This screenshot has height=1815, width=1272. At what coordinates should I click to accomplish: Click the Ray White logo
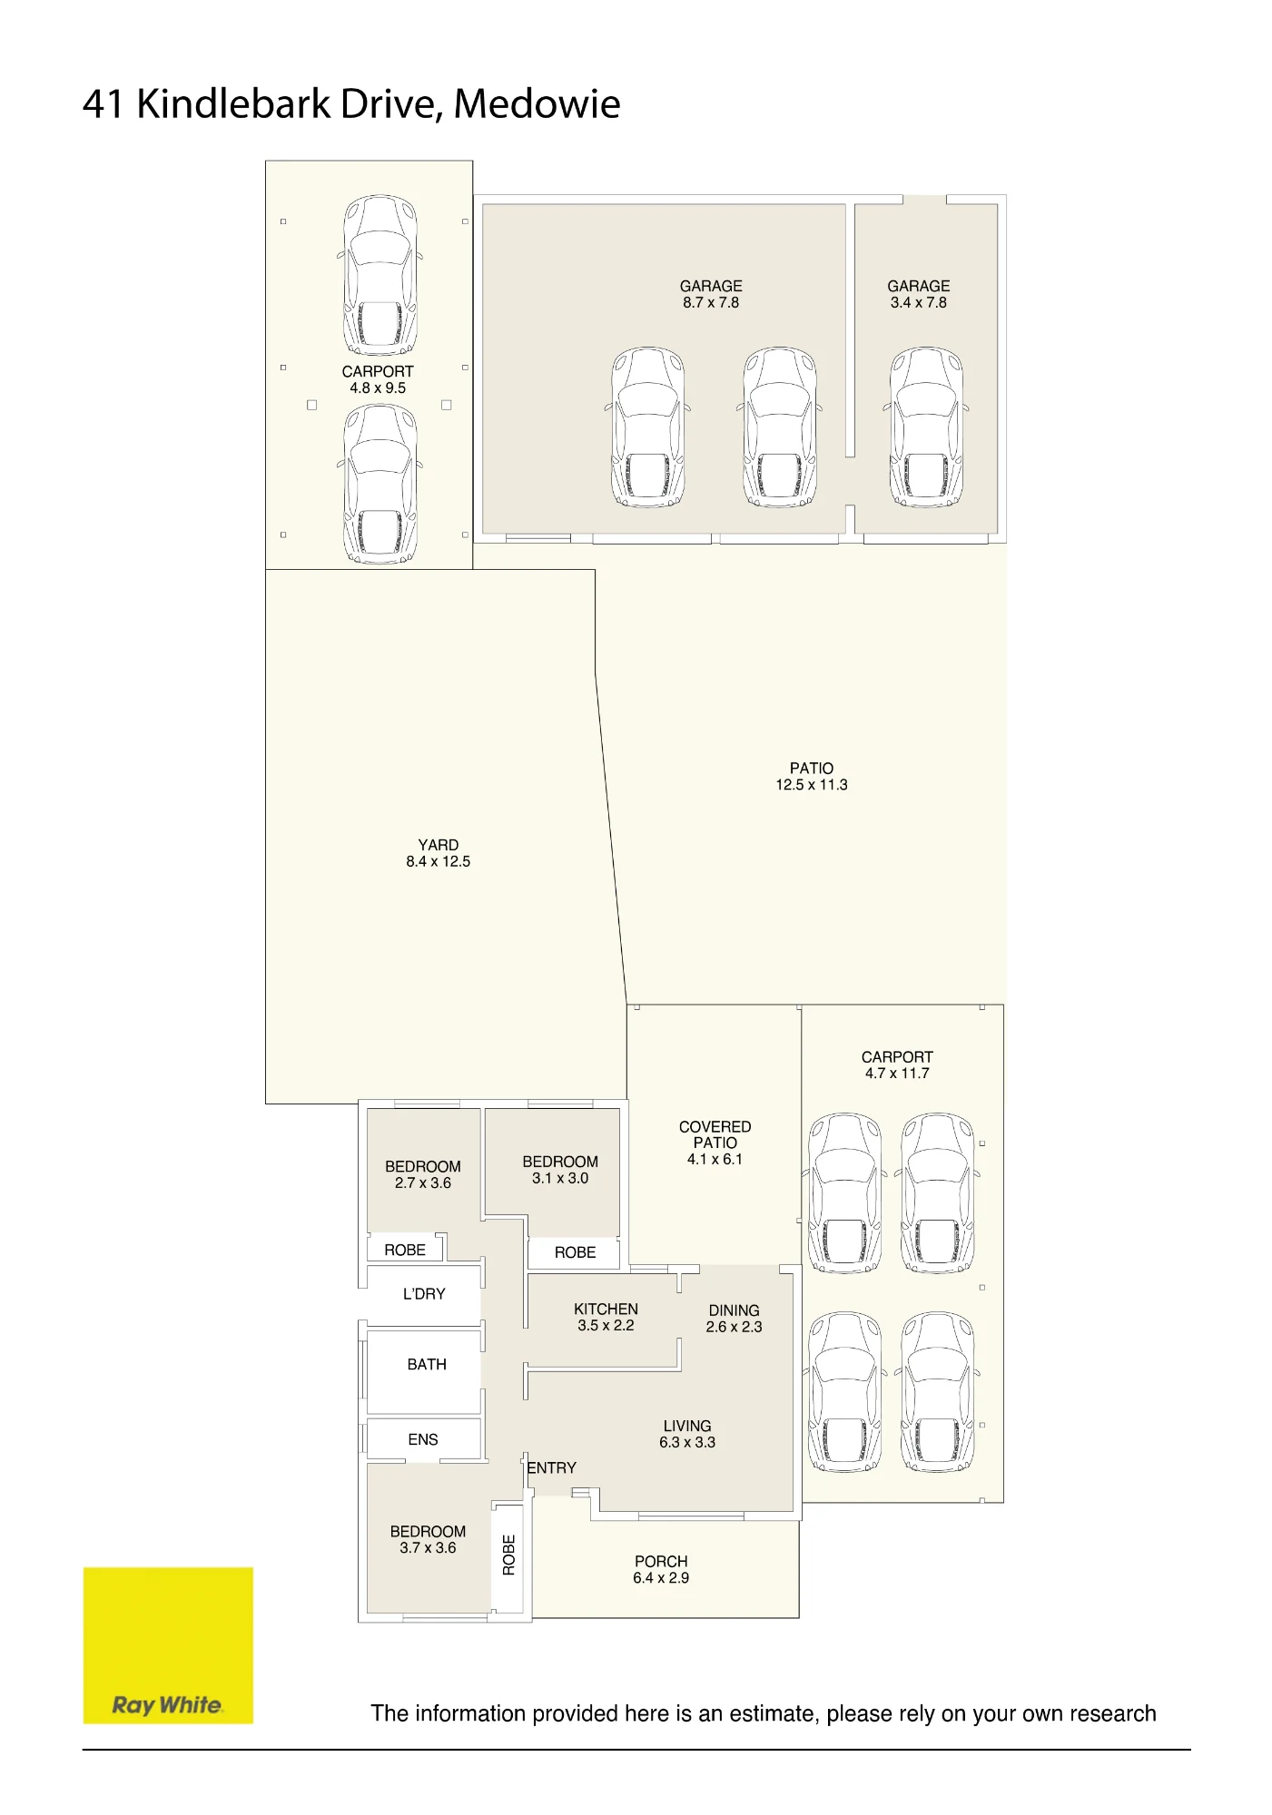pos(168,1644)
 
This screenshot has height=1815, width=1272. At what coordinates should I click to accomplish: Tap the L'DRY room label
pos(424,1293)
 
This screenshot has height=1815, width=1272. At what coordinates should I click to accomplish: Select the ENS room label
pos(423,1439)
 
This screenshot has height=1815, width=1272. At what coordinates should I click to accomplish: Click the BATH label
pos(427,1364)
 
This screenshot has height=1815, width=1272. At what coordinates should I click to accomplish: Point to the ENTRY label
pos(552,1467)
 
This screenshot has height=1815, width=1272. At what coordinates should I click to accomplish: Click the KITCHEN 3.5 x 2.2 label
pos(606,1317)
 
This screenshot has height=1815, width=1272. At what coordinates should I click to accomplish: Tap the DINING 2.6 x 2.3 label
pos(734,1319)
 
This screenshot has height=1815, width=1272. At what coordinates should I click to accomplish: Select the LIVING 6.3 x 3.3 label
pos(687,1434)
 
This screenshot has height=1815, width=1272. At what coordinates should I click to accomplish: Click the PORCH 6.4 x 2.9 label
pos(661,1570)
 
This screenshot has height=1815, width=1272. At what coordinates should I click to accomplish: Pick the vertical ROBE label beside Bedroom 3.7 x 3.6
pos(508,1555)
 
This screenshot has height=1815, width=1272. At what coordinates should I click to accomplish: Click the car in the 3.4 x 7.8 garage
pos(926,427)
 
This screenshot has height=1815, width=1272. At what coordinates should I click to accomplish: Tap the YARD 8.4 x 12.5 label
pos(439,853)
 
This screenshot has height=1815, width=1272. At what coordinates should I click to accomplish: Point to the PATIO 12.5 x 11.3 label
pos(812,776)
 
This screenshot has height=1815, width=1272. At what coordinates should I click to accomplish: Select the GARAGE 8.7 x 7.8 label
pos(711,294)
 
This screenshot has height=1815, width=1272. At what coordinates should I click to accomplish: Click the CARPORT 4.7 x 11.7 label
pos(897,1064)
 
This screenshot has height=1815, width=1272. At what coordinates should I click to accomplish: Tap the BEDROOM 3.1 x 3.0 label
pos(560,1170)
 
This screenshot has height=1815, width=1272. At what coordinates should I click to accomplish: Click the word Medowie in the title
pos(537,103)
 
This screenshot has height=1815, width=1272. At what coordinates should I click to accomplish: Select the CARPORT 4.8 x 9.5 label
pos(378,379)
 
